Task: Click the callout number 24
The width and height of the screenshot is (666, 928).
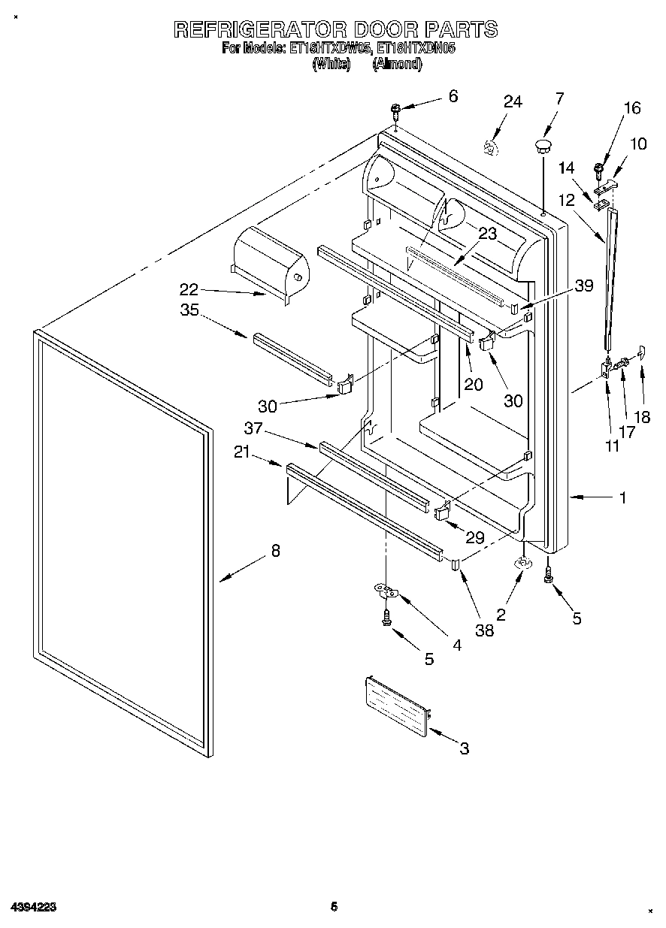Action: click(513, 101)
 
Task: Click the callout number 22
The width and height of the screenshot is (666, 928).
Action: click(189, 289)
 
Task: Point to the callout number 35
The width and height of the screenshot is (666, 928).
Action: click(189, 310)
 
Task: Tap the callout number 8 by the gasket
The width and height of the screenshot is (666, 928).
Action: click(275, 551)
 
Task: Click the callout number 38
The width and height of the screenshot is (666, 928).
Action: click(485, 630)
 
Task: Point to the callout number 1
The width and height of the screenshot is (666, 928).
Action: click(622, 497)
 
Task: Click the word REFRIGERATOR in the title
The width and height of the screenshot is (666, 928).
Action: click(260, 30)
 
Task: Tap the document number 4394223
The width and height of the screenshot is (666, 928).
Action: click(34, 907)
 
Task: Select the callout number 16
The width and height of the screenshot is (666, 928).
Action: click(631, 108)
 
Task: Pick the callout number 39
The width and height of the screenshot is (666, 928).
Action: click(583, 285)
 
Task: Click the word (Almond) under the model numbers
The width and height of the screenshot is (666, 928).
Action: click(397, 65)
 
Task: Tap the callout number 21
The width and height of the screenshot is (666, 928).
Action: click(242, 451)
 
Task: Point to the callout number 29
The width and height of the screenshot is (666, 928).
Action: click(475, 537)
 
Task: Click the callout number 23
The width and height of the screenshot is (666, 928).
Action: click(487, 234)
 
